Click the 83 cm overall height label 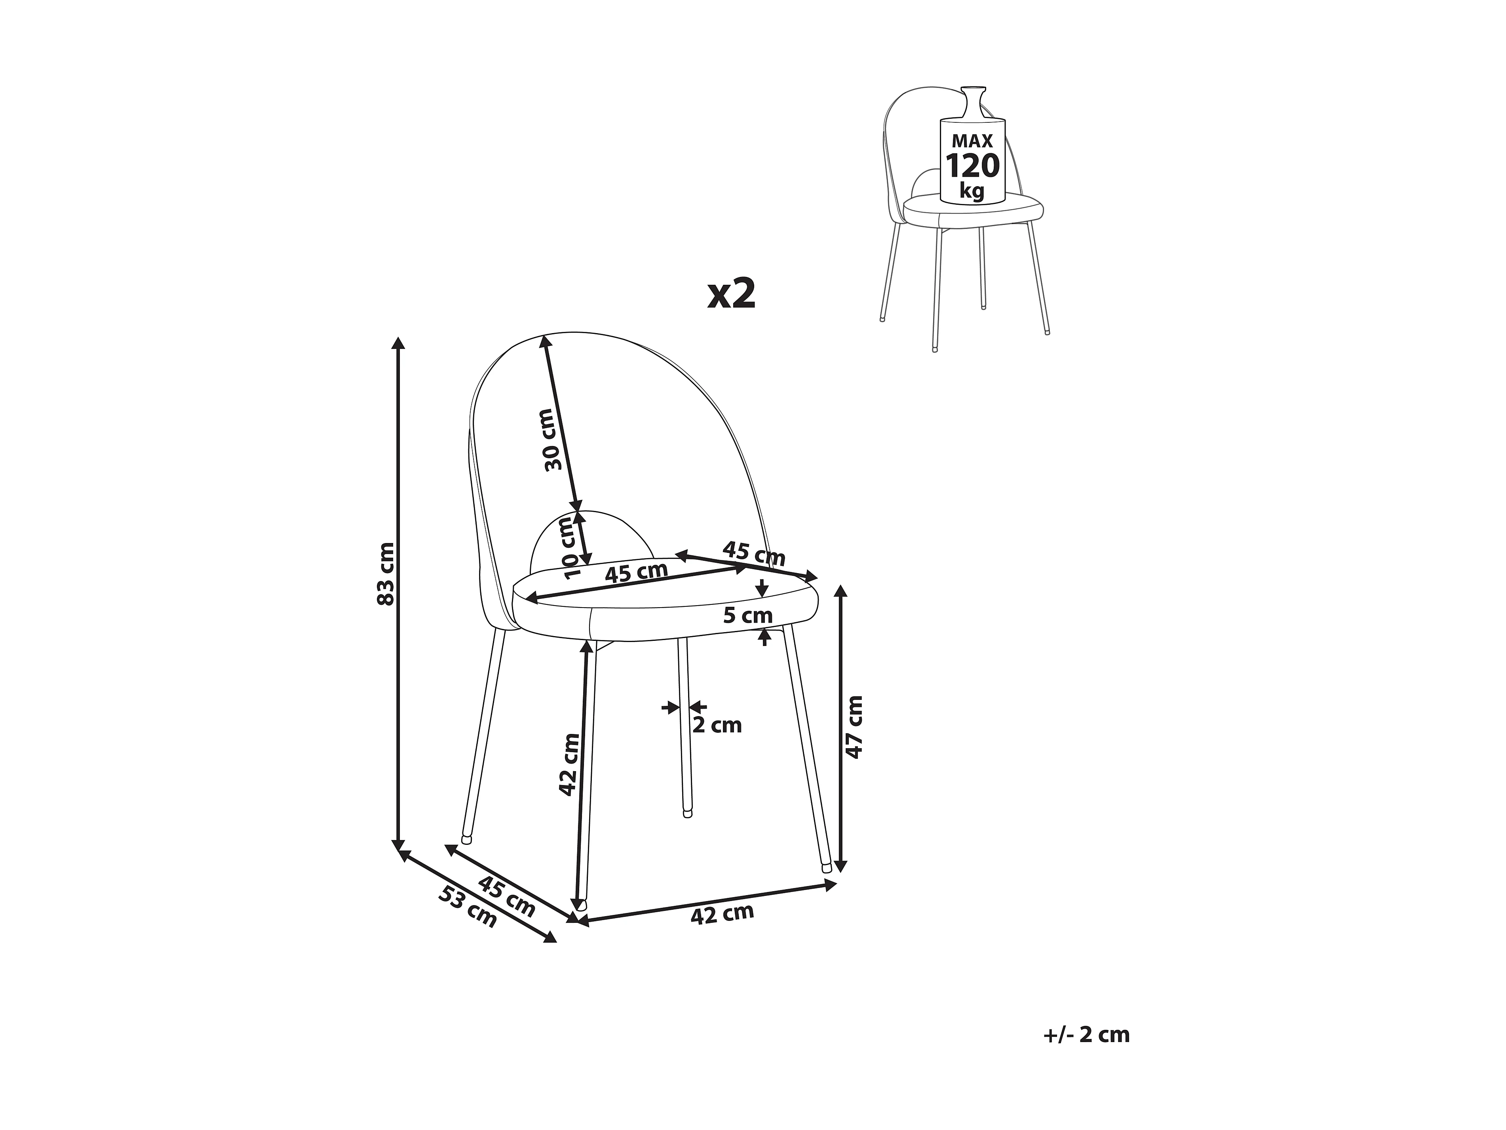(x=385, y=574)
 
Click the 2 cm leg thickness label (x=717, y=725)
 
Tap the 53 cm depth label (x=468, y=907)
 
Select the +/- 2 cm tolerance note (x=1086, y=1053)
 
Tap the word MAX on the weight (x=972, y=141)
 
